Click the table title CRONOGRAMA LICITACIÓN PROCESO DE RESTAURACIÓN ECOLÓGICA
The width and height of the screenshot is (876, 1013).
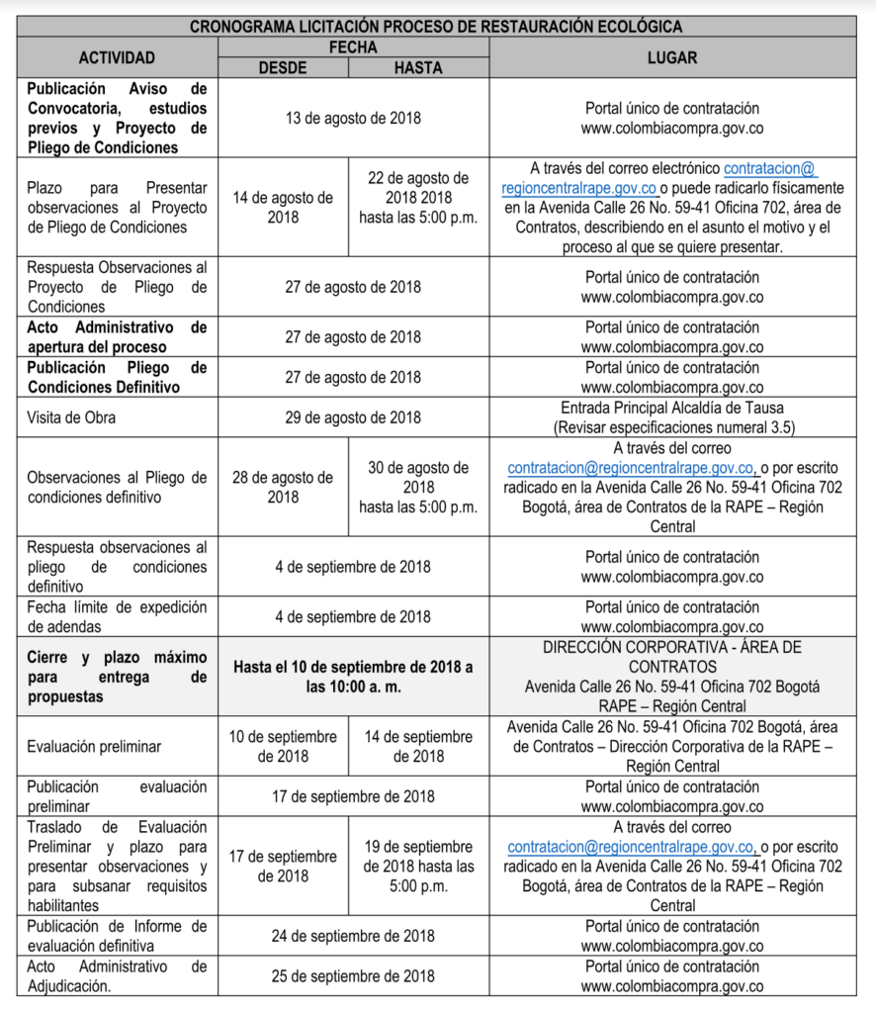437,27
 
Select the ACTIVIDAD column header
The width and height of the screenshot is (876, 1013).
117,57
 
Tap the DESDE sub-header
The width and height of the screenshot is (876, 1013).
283,67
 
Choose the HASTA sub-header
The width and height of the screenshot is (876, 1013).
418,67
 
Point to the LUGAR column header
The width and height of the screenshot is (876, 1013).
672,57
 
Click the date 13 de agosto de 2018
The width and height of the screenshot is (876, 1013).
353,118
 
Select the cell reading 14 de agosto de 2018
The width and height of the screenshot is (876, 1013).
283,207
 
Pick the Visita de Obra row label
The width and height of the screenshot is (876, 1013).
71,417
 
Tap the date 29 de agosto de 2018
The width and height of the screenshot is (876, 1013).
353,417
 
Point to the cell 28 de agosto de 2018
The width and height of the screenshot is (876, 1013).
283,487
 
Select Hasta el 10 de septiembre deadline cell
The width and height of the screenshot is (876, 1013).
353,677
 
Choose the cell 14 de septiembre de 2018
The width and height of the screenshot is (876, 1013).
418,747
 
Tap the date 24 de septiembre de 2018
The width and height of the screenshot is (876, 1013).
353,936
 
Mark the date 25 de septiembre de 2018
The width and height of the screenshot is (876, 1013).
353,975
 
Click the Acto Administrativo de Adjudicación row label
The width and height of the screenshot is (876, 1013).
117,975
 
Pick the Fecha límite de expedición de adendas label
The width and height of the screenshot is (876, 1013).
117,616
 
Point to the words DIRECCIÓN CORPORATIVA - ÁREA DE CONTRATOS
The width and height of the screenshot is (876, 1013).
672,657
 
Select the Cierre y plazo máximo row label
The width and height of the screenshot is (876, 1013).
117,677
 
